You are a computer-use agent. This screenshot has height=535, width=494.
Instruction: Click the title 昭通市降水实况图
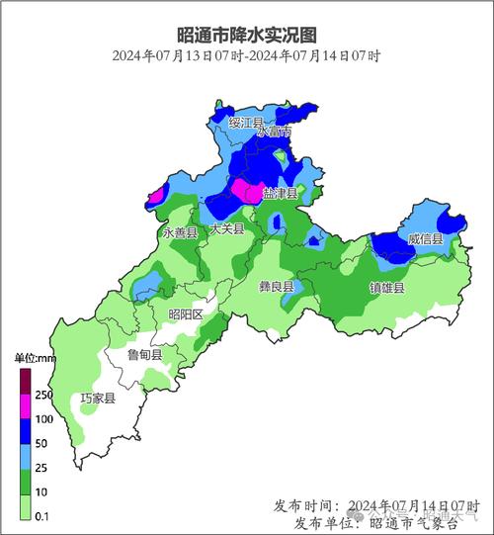247,35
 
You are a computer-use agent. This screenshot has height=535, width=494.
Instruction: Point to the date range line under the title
247,56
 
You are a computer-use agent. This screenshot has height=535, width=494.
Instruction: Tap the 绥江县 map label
246,123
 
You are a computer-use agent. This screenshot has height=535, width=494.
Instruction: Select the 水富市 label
274,132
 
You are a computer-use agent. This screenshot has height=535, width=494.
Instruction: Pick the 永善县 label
180,232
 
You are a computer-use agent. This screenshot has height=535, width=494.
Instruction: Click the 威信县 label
425,239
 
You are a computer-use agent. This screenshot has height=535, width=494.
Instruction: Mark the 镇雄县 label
386,287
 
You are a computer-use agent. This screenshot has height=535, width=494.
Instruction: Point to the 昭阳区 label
185,313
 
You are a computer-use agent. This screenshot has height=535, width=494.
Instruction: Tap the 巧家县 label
98,399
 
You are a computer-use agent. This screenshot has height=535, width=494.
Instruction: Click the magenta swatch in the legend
26,406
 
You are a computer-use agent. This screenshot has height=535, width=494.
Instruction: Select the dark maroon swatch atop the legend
26,381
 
